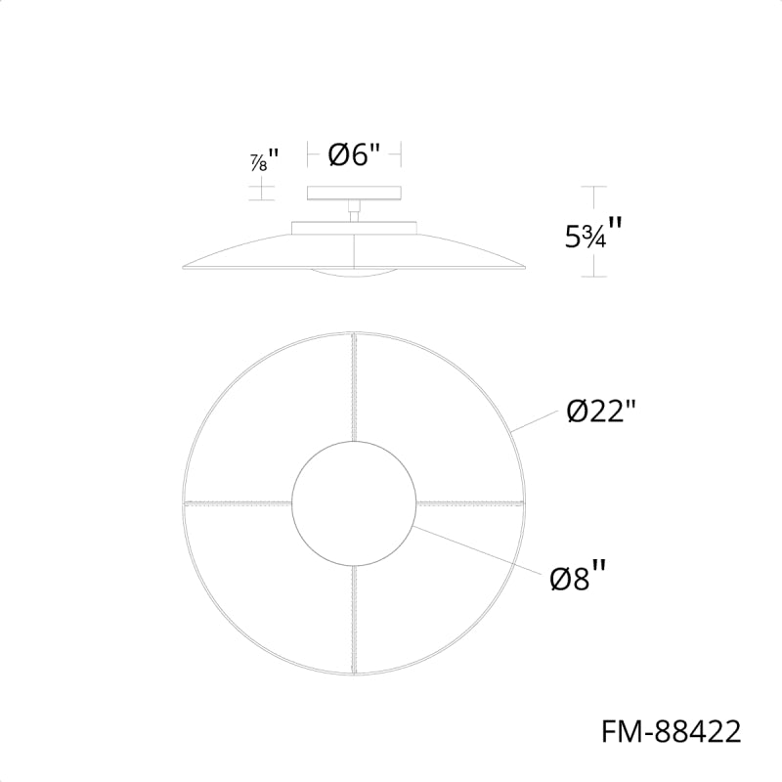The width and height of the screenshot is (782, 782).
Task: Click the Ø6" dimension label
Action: pos(354,154)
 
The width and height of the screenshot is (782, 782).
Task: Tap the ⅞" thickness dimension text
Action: pos(264,160)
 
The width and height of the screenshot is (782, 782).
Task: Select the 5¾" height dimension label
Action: pos(593,234)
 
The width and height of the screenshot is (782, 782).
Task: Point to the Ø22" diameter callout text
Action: pos(601,412)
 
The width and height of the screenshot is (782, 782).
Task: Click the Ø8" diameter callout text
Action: pos(578,577)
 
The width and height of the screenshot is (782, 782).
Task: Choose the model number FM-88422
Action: pos(672,732)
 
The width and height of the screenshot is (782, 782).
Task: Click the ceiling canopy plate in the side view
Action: pos(354,193)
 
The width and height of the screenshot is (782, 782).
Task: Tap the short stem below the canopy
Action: pos(354,211)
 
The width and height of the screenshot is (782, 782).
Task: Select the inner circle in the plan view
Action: pos(291,503)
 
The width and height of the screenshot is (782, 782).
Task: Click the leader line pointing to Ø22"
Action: pos(534,420)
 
